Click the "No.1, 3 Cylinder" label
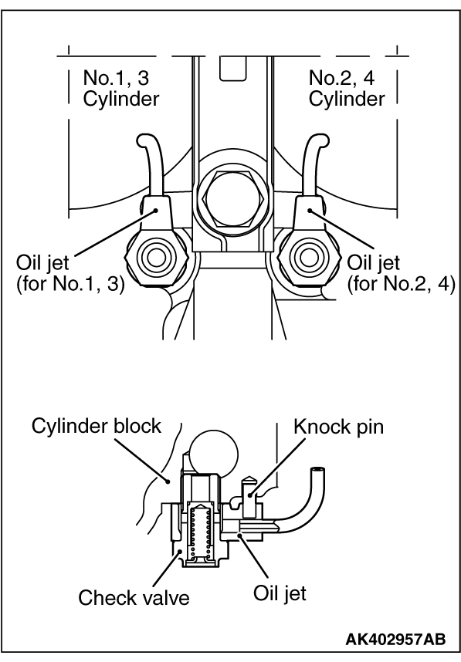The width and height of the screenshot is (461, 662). point(121,88)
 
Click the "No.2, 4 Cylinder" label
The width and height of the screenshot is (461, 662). point(347,88)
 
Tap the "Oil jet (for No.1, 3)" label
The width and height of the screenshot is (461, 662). point(70,274)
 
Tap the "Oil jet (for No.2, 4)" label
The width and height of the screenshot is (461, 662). point(401,274)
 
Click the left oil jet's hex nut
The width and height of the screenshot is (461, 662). point(156,257)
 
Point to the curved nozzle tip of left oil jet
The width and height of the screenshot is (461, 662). point(144,140)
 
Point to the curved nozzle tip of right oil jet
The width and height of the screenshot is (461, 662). point(320,140)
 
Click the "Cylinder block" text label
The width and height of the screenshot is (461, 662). point(97,426)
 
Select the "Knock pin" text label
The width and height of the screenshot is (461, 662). point(338,427)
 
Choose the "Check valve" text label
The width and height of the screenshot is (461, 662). point(134,597)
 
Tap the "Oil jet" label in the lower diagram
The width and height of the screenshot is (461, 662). point(280,593)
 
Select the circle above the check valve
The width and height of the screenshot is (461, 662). point(213,454)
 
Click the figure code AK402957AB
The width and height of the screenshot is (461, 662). point(395,639)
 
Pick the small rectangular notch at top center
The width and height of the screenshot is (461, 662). point(233,69)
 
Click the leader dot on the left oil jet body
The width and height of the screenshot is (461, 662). point(156,210)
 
